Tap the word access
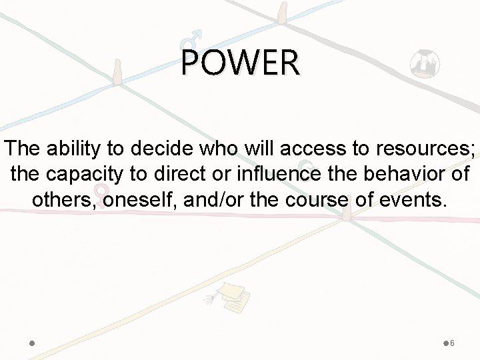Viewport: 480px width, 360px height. point(281,150)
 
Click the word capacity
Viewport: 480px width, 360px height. point(94,175)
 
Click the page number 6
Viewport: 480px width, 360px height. point(453,343)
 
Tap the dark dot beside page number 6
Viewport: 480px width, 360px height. point(445,343)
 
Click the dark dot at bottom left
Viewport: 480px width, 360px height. point(32,343)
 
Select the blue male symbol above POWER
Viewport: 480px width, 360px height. point(193,36)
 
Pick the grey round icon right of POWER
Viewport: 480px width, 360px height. point(425,64)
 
